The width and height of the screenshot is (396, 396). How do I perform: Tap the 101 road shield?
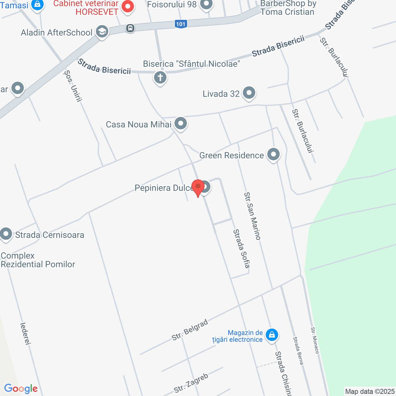[181, 24]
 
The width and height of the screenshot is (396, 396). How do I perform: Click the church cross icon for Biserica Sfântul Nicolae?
[160, 77]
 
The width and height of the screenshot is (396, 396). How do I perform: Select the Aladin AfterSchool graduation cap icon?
[102, 32]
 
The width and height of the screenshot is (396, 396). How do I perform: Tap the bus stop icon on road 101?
[130, 28]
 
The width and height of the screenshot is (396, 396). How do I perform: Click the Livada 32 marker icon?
[249, 93]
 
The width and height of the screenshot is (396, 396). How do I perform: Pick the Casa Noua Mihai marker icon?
[181, 123]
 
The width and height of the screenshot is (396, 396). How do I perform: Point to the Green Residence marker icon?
[273, 154]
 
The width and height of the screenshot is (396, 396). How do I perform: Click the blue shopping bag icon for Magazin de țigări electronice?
[272, 335]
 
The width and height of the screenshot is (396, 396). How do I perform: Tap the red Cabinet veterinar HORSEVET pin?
[127, 6]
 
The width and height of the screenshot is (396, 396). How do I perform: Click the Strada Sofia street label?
[242, 248]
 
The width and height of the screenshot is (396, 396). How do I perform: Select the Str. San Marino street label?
[252, 216]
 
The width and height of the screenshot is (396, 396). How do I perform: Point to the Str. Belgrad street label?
[190, 330]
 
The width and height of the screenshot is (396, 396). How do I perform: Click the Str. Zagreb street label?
[191, 383]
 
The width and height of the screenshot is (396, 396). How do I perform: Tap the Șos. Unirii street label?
[73, 86]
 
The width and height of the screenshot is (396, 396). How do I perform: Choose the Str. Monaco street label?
[315, 340]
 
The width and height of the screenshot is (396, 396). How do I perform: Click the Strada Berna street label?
[298, 351]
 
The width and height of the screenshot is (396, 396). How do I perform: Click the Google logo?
[21, 389]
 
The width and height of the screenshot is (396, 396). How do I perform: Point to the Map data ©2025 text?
[370, 391]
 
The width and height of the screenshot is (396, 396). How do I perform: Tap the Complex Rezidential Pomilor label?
[38, 260]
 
